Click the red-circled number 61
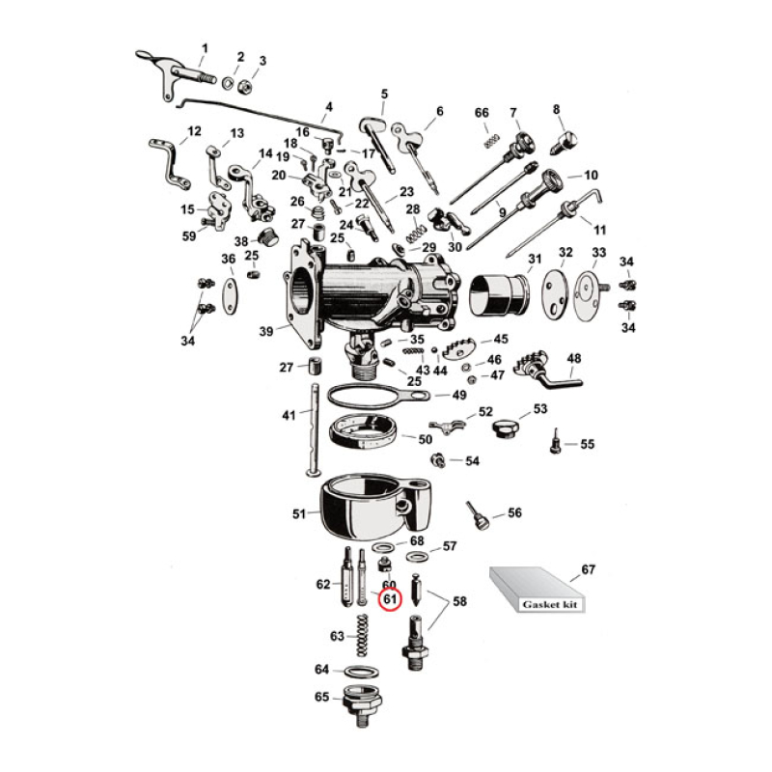point(389,600)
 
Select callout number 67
point(587,569)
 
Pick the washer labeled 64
point(360,671)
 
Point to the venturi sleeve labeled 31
point(500,292)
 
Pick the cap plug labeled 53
point(506,427)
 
